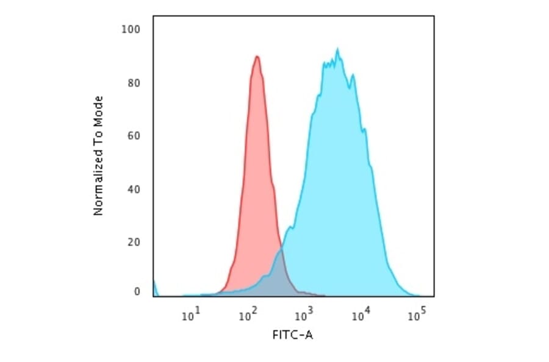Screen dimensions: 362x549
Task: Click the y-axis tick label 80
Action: tap(135, 83)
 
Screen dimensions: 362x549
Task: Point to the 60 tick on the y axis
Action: tap(135, 135)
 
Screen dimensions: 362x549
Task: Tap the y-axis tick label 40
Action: tap(135, 189)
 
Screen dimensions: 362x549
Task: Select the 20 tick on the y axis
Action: tap(135, 242)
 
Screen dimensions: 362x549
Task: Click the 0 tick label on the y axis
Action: tap(137, 292)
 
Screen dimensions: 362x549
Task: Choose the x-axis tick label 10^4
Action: tap(361, 314)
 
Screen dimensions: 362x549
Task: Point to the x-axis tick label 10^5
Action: tap(417, 314)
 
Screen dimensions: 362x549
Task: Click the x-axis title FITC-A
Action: tap(292, 335)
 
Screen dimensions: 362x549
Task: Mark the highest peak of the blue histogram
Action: tap(337, 49)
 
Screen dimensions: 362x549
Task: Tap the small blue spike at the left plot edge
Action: tap(154, 286)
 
